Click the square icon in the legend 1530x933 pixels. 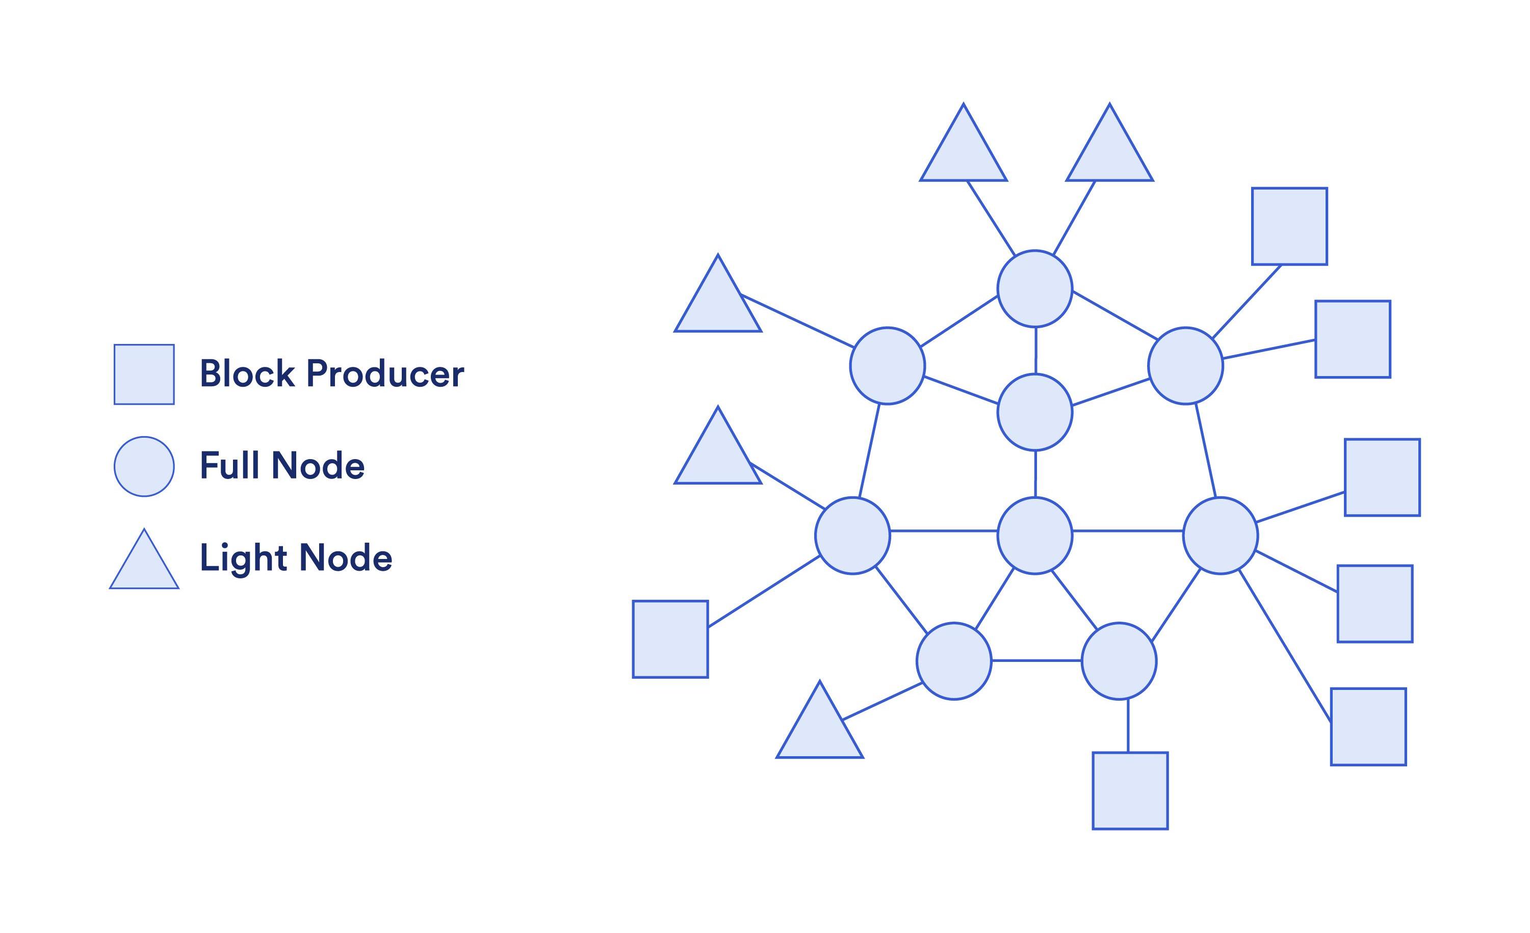[x=144, y=375]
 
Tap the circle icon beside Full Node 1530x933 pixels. [x=144, y=466]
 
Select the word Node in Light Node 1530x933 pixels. [x=345, y=557]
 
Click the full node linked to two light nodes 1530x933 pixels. [x=1034, y=288]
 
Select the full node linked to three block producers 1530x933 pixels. [x=1220, y=535]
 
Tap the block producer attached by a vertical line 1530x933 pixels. [x=1130, y=791]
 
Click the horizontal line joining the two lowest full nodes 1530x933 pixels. [x=1036, y=660]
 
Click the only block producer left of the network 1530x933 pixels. [x=670, y=639]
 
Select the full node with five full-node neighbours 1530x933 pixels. [x=1034, y=535]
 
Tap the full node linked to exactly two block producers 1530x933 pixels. [x=1185, y=366]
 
